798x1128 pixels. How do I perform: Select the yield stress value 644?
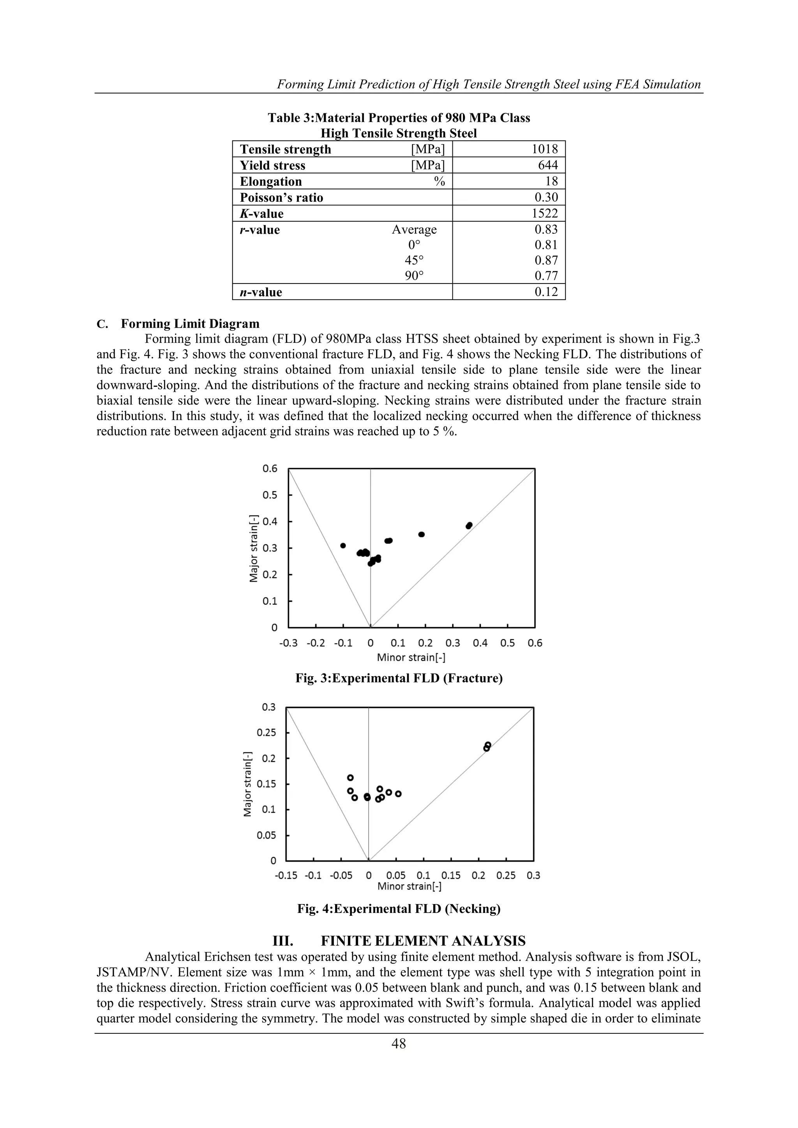pos(548,165)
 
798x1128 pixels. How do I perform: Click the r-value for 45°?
pos(546,261)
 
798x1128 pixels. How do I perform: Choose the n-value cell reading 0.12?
pos(546,292)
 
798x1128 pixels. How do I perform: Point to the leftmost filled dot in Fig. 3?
pos(343,545)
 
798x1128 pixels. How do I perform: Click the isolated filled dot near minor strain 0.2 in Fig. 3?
pos(421,534)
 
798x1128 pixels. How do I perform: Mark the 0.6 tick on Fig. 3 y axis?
pos(270,469)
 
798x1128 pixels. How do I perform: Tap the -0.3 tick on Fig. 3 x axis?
pos(288,643)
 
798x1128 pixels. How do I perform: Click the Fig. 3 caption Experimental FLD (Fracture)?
pos(399,679)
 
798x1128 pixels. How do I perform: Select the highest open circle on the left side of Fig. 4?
pos(350,777)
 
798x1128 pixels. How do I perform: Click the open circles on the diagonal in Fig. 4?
pos(487,747)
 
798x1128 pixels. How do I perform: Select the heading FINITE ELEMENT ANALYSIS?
pos(423,941)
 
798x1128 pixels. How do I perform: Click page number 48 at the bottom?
pos(399,1044)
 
